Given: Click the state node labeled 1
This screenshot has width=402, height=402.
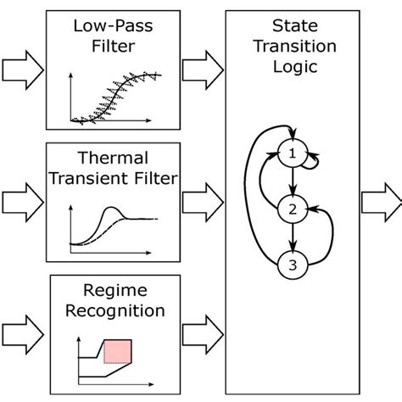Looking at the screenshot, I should tap(293, 155).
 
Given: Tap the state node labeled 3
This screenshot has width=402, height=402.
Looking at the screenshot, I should tap(293, 265).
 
